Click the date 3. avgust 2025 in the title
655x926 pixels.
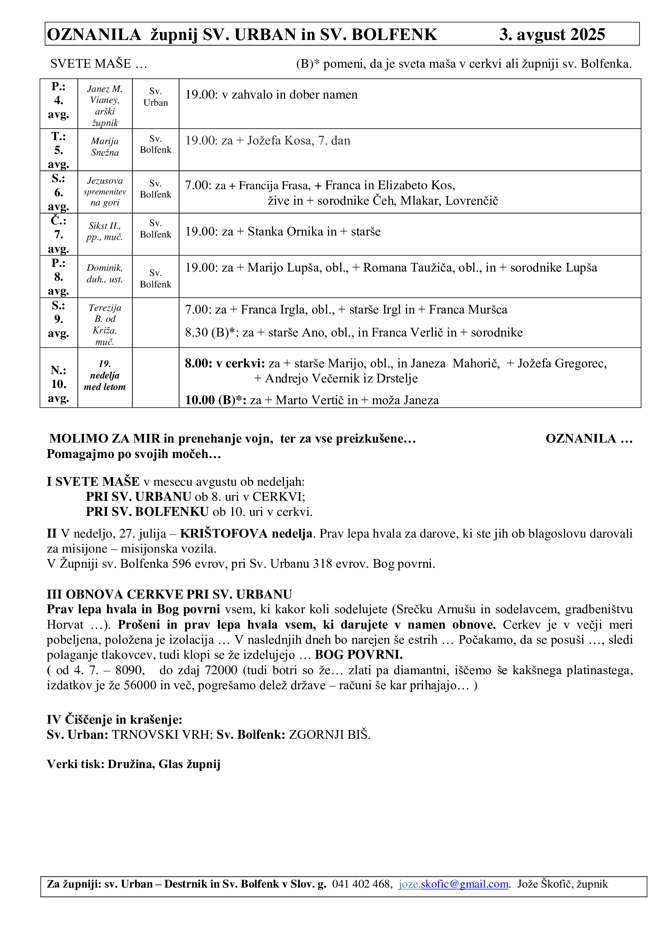pos(552,35)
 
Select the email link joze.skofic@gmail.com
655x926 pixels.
pos(454,884)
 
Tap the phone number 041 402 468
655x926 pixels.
pos(362,884)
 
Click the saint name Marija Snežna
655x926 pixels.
pos(105,147)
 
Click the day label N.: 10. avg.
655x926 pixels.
pos(59,384)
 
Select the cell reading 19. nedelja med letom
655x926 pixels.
pos(105,375)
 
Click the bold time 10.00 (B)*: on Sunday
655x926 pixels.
pos(215,400)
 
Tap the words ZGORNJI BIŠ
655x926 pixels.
pos(329,734)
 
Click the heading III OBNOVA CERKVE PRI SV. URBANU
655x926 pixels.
pos(169,594)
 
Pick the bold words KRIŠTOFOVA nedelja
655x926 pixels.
pos(246,533)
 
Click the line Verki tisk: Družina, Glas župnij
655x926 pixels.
pos(133,764)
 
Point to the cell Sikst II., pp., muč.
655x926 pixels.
pos(105,232)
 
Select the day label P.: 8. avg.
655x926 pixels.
pos(59,277)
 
